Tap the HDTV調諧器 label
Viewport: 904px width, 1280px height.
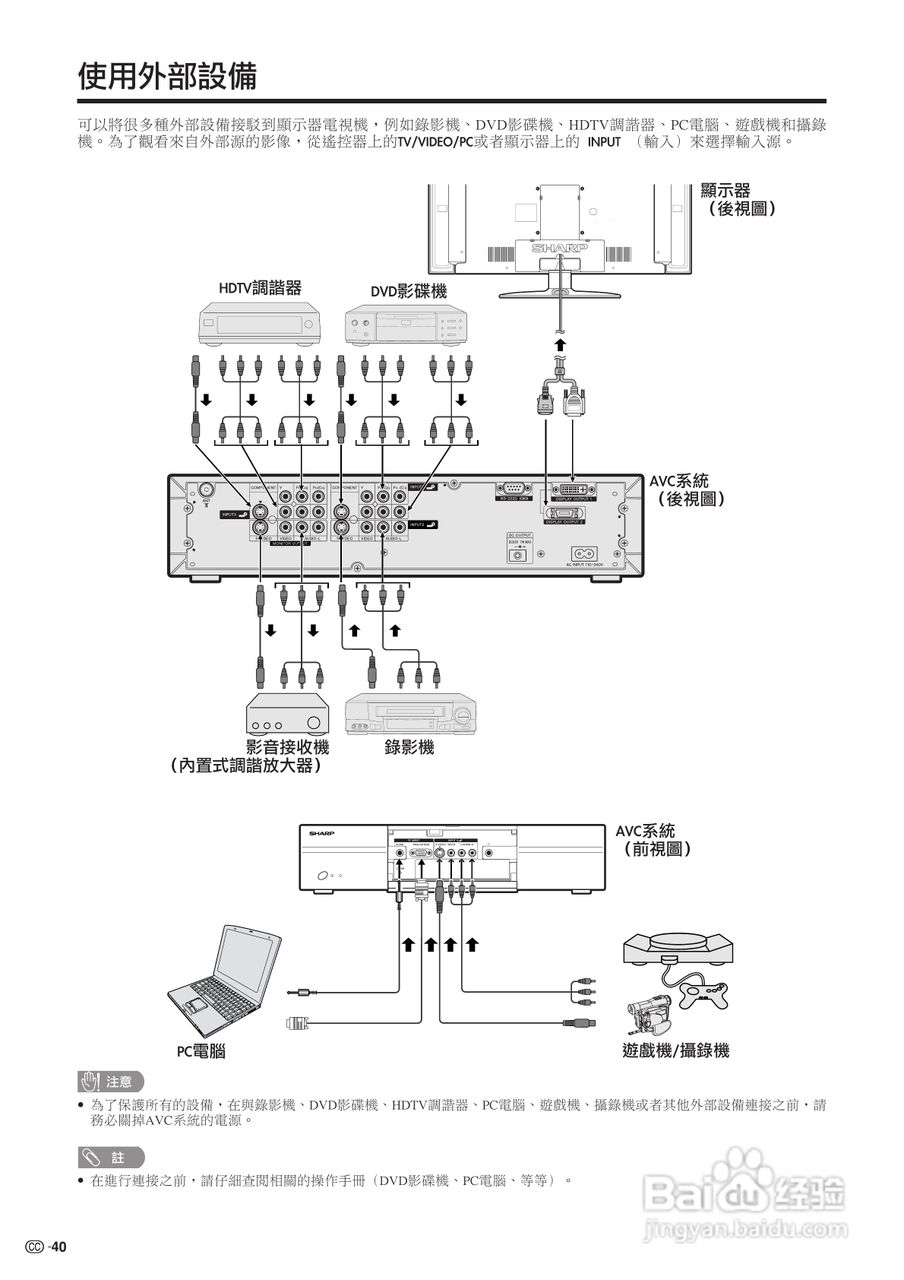[260, 289]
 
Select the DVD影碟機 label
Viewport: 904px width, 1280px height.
[408, 291]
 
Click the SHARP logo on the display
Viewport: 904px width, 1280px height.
[559, 247]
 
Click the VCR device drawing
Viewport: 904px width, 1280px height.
[410, 713]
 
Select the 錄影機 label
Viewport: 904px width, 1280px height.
[410, 747]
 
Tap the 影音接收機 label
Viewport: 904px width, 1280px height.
[287, 747]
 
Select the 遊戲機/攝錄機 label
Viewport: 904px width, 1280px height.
[675, 1051]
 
